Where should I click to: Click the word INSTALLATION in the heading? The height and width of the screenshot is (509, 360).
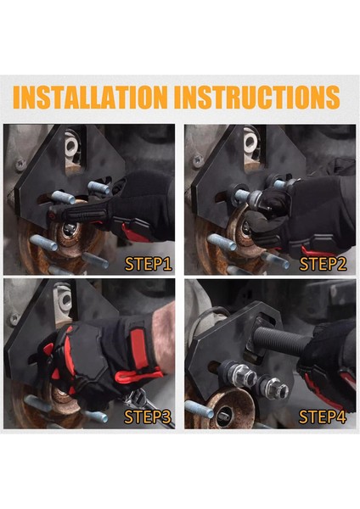click(90, 97)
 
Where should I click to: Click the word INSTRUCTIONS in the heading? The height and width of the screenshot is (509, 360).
click(257, 97)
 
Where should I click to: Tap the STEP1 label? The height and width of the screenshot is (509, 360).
click(148, 264)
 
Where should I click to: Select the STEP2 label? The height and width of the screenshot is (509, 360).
click(323, 264)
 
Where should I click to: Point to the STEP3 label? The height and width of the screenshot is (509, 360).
click(148, 417)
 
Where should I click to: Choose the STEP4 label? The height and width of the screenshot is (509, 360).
click(323, 417)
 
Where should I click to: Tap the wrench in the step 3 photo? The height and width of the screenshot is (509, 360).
click(148, 406)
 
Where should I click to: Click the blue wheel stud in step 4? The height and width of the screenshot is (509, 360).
click(200, 409)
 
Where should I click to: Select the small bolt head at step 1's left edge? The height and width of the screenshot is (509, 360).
click(20, 165)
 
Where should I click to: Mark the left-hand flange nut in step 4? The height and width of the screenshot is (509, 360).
click(243, 375)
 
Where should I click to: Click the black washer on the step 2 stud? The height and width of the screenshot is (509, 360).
click(234, 194)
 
